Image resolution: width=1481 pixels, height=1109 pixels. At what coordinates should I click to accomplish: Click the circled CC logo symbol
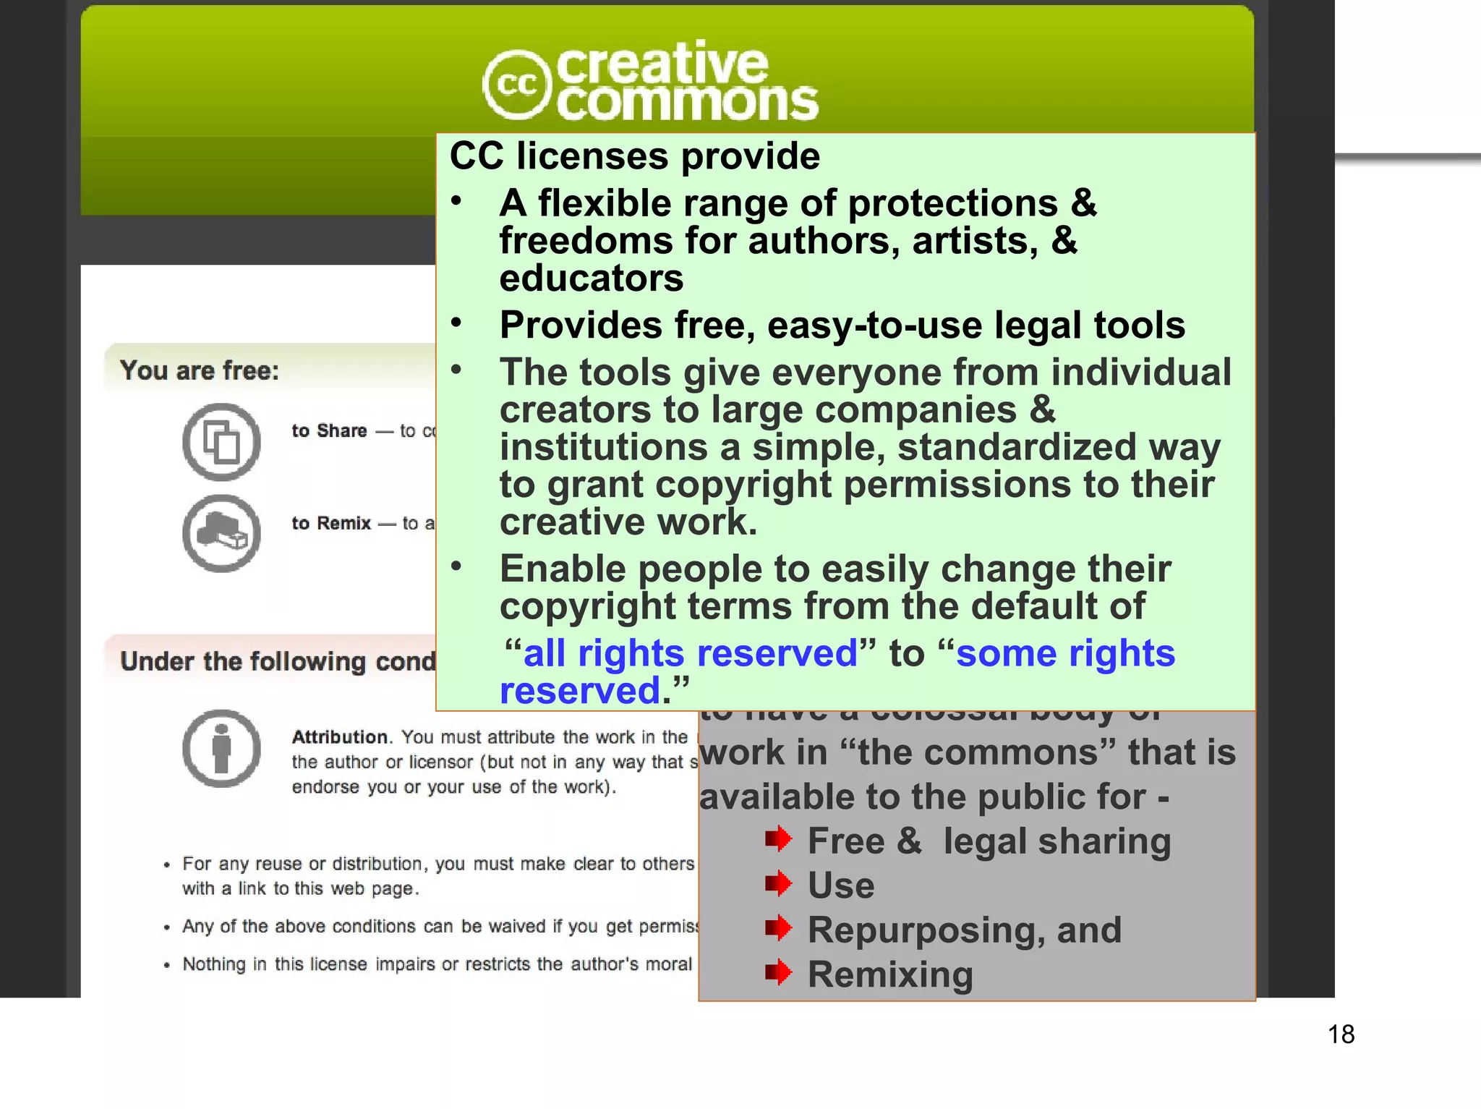[x=516, y=85]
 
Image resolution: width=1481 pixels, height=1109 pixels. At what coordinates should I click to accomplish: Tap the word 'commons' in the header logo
[x=687, y=103]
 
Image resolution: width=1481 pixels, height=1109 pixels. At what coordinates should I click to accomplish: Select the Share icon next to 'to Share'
[x=221, y=441]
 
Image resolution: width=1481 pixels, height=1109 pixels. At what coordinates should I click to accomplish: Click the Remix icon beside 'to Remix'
[x=221, y=533]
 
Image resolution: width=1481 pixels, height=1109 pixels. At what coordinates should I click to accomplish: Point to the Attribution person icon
[x=221, y=748]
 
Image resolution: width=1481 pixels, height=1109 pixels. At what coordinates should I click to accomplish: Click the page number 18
[x=1341, y=1034]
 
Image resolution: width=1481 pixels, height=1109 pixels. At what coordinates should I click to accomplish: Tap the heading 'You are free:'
[x=200, y=370]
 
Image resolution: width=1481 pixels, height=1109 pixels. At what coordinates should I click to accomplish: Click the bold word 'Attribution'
[x=340, y=737]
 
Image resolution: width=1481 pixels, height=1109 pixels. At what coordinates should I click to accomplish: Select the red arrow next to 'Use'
[x=778, y=883]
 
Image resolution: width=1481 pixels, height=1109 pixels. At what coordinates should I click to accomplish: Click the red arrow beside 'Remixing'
[x=778, y=972]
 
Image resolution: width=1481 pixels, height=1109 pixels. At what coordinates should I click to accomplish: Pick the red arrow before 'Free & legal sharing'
[x=778, y=839]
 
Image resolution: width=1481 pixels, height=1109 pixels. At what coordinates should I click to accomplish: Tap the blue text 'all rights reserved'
[x=690, y=653]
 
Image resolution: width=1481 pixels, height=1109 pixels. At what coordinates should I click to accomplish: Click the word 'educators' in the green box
[x=591, y=279]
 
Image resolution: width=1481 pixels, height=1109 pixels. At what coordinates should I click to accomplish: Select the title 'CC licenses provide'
[x=635, y=156]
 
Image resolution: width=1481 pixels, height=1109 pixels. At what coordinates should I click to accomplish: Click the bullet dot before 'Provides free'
[x=456, y=323]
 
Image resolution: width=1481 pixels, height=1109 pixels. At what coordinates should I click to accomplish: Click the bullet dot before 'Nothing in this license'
[x=167, y=965]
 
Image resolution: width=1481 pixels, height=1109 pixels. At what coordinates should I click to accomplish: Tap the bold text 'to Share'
[x=329, y=431]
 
